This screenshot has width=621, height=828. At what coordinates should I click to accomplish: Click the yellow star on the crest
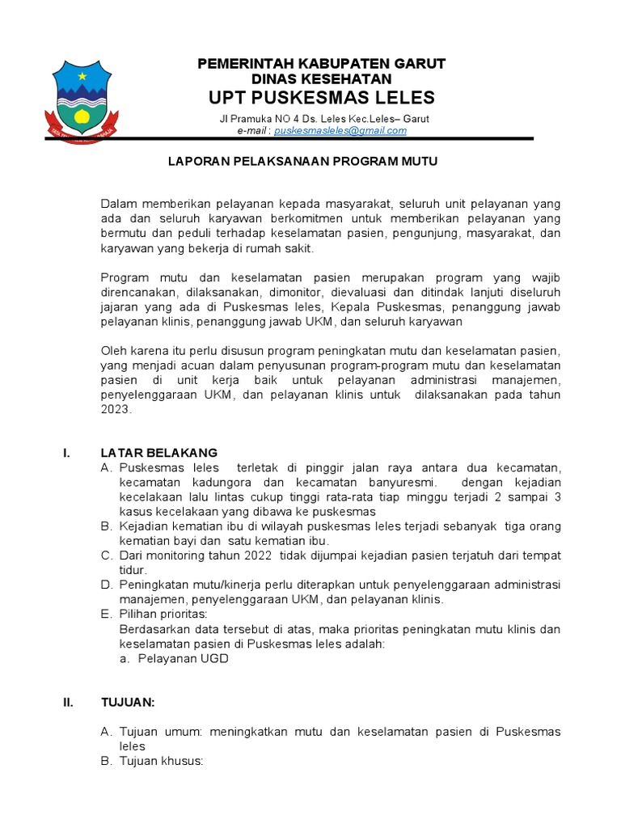[x=82, y=76]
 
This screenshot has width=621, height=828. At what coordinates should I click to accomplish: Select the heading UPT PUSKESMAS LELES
[x=322, y=99]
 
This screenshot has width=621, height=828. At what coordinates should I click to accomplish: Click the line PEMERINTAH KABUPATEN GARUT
[x=322, y=64]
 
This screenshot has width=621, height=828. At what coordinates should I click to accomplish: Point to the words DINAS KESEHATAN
[x=322, y=79]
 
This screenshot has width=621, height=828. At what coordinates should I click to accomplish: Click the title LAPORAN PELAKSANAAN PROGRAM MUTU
[x=302, y=162]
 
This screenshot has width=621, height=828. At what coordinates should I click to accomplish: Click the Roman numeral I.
[x=66, y=453]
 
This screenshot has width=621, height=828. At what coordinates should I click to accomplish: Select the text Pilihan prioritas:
[x=164, y=615]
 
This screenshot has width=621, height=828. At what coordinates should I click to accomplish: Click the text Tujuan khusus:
[x=161, y=761]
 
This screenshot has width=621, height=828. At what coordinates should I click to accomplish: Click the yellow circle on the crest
[x=82, y=116]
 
